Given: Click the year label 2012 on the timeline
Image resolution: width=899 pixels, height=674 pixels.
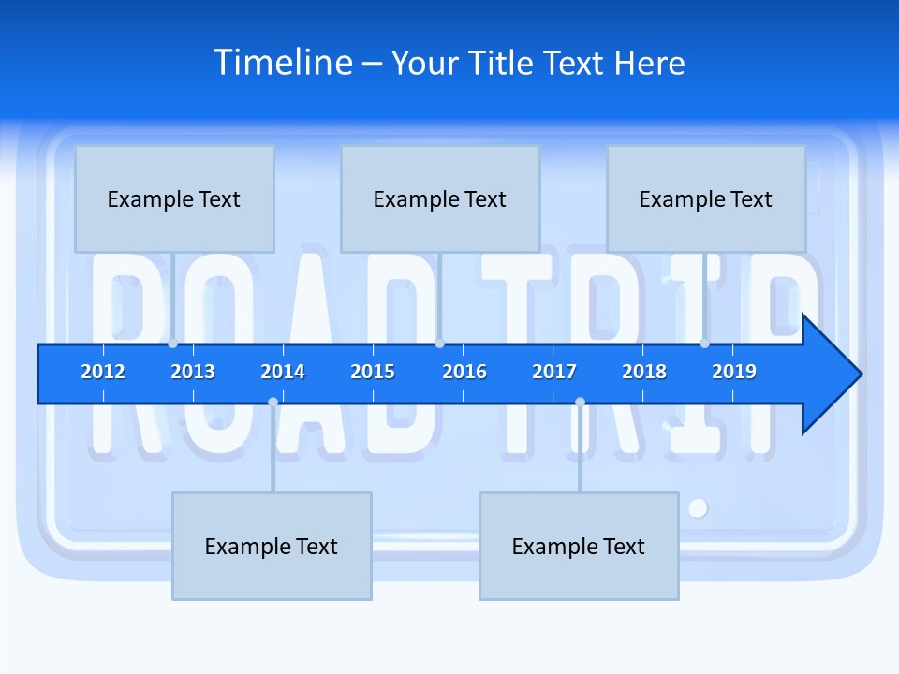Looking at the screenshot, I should click(x=103, y=372).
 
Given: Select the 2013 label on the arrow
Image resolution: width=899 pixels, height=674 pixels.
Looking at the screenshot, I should click(x=193, y=372).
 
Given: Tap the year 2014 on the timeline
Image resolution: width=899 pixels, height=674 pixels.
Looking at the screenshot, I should click(x=283, y=372).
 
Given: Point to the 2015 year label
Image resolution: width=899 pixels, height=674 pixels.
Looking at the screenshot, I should click(x=373, y=372).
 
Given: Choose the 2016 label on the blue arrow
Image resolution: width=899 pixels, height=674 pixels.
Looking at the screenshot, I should click(x=464, y=372).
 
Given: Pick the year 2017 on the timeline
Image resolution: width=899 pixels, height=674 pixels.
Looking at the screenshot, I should click(x=554, y=372).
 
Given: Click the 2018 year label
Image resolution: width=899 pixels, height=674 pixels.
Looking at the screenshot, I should click(x=644, y=372).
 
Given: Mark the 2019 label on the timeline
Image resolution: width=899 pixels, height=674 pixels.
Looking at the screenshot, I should click(x=734, y=372).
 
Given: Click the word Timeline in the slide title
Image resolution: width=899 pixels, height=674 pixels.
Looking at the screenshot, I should click(x=283, y=63).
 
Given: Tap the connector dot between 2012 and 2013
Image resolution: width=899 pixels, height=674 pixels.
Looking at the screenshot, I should click(x=172, y=344).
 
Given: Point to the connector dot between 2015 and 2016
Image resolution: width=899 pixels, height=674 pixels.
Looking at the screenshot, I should click(x=439, y=344).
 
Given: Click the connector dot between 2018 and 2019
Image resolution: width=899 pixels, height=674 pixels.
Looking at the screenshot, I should click(x=704, y=344).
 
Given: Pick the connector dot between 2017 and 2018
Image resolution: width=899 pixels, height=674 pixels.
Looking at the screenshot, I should click(x=580, y=403).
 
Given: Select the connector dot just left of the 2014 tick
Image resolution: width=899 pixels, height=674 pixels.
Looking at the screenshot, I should click(x=273, y=403).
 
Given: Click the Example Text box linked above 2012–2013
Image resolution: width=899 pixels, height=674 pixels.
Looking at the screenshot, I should click(x=174, y=198).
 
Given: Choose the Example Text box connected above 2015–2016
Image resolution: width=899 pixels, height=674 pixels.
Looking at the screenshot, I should click(x=440, y=198).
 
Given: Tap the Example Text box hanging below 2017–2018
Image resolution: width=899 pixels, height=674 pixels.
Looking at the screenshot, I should click(x=579, y=546).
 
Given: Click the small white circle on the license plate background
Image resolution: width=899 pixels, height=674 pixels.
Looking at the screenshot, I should click(x=698, y=508).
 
